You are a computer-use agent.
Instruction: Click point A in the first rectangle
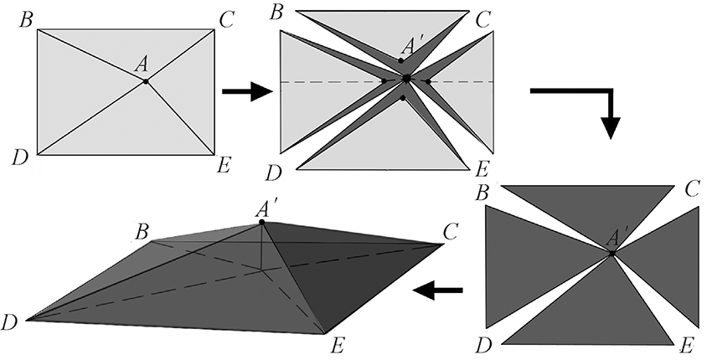click(x=146, y=80)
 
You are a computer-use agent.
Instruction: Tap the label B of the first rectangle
click(x=25, y=19)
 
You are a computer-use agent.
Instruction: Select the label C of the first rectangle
click(x=226, y=19)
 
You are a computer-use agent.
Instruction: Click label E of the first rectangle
click(x=224, y=164)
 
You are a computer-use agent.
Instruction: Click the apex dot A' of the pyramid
click(x=262, y=222)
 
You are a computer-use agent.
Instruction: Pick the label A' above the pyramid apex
click(x=268, y=205)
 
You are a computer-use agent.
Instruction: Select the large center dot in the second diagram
click(x=406, y=79)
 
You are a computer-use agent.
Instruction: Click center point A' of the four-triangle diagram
click(x=612, y=252)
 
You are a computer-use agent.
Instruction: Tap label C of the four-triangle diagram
click(x=691, y=189)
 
